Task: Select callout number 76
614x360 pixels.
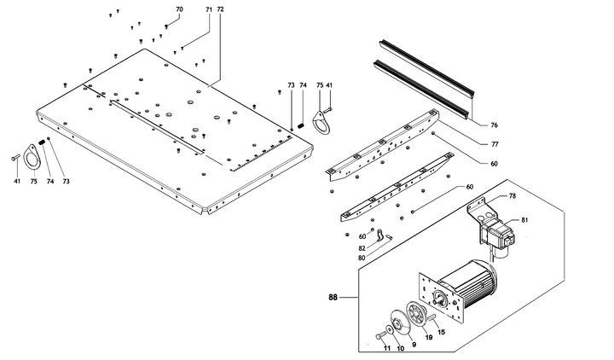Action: point(494,125)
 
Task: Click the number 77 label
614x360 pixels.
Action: point(494,143)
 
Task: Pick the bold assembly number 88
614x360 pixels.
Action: point(333,298)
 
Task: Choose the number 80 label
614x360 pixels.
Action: point(362,257)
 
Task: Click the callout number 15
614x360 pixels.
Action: point(442,332)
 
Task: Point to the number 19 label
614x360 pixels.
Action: point(429,339)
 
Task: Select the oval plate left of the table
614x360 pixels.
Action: point(31,159)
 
